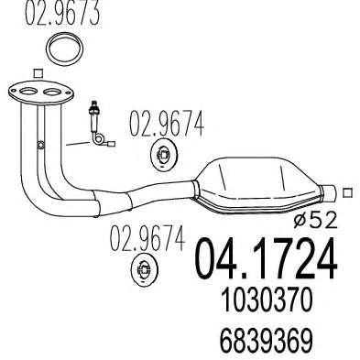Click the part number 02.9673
pyautogui.click(x=62, y=13)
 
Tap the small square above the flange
pyautogui.click(x=38, y=73)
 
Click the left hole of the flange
pyautogui.click(x=28, y=92)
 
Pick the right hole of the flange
pyautogui.click(x=52, y=92)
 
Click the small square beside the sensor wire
pyautogui.click(x=112, y=143)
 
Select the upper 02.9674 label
pyautogui.click(x=167, y=124)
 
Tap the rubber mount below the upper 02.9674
pyautogui.click(x=164, y=155)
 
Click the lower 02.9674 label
pyautogui.click(x=147, y=238)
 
